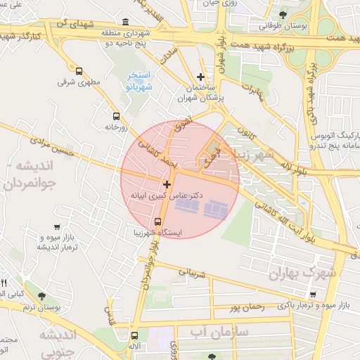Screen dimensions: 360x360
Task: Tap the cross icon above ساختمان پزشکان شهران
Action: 201,77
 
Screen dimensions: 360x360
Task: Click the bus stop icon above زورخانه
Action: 116,116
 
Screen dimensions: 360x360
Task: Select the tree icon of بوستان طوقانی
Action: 283,14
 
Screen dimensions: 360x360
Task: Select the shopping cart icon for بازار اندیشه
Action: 54,226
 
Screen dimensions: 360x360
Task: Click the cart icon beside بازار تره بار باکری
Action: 312,294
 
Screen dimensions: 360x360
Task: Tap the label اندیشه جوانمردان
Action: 39,176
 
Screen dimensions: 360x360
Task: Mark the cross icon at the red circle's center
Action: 167,184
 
